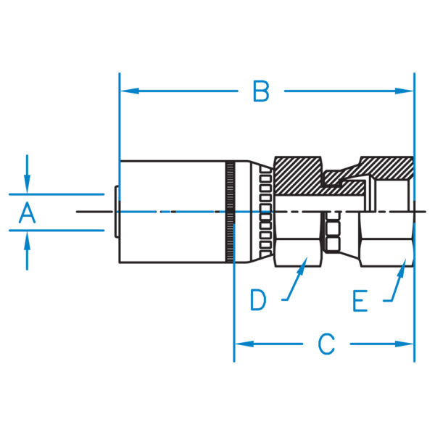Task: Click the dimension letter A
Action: point(28,212)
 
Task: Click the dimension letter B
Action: point(261,91)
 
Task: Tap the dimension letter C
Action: point(326,344)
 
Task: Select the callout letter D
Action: point(258,299)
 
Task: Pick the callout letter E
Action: point(360,301)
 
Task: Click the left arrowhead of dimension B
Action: point(130,91)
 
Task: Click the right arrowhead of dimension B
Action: point(405,91)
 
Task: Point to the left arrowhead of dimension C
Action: point(244,344)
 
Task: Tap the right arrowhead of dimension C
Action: point(405,344)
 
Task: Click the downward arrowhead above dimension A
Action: point(27,184)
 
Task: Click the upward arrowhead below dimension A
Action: point(27,241)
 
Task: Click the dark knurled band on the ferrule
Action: point(230,212)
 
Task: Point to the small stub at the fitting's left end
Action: point(117,212)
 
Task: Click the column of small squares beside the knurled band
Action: point(265,212)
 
